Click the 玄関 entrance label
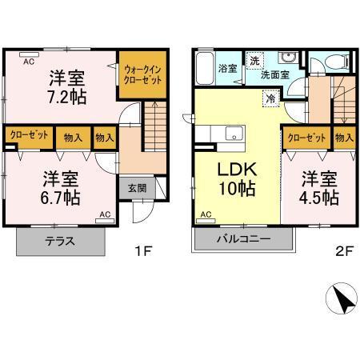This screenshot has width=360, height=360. coord(137,189)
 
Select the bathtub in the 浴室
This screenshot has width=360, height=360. coord(204,63)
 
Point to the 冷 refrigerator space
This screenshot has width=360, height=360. coord(272,97)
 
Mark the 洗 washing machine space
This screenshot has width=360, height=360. coord(254,61)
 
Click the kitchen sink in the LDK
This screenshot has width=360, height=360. coord(234,133)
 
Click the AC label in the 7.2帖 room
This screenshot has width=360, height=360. coord(28,61)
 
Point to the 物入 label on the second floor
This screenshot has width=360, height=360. coord(344,138)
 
